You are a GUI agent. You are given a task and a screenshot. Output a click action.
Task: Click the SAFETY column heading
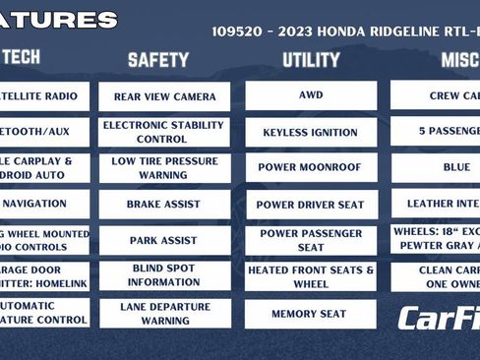[x=158, y=60]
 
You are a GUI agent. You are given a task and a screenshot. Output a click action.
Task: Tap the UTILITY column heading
[x=311, y=60]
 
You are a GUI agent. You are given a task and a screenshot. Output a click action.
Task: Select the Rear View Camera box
[x=164, y=96]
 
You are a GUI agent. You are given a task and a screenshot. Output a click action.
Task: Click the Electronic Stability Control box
[x=164, y=132]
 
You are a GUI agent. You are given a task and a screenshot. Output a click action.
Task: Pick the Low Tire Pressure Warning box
[x=164, y=168]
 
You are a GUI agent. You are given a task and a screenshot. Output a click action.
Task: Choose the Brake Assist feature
[x=164, y=205]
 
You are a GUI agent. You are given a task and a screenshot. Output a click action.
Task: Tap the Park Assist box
[x=164, y=240]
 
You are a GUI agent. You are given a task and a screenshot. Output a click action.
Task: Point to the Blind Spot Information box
[x=164, y=275]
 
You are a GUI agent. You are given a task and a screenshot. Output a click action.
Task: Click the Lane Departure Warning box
[x=164, y=313]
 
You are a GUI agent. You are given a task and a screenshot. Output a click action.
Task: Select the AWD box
[x=311, y=95]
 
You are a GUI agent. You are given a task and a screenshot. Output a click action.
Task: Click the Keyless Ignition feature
[x=311, y=132]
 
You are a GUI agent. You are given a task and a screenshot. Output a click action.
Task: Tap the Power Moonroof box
[x=311, y=168]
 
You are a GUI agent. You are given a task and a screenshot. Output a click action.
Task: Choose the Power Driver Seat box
[x=311, y=205]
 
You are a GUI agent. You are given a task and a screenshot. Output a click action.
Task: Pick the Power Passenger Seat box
[x=311, y=240]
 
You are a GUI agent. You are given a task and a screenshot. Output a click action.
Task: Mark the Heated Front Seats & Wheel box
[x=311, y=276]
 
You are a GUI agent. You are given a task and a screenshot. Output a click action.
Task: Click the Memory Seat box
[x=311, y=314]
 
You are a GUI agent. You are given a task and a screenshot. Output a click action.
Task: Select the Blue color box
[x=456, y=168]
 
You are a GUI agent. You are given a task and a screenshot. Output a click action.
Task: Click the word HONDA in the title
[x=336, y=31]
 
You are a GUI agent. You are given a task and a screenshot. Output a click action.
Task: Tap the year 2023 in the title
[x=292, y=31]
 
